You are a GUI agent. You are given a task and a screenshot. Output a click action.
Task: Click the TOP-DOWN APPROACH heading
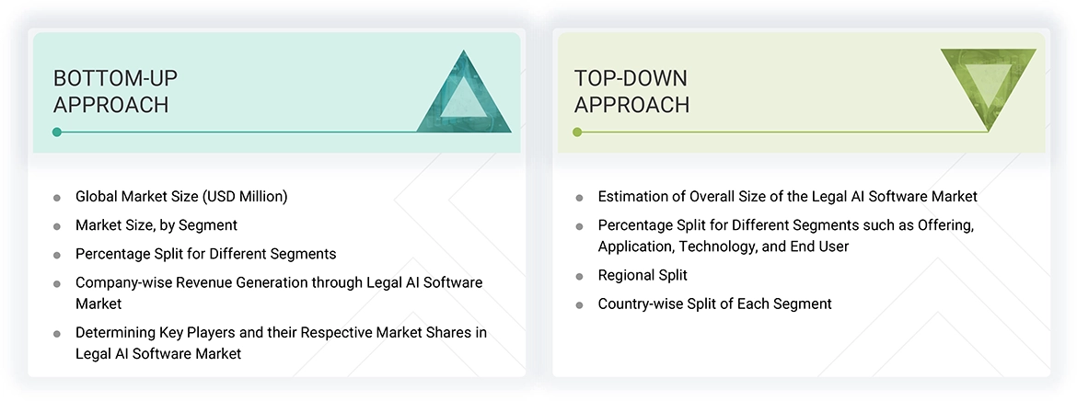pyautogui.click(x=631, y=92)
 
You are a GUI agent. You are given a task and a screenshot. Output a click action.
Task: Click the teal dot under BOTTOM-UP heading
pyautogui.click(x=57, y=132)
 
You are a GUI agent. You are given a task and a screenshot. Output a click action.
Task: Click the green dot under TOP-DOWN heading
pyautogui.click(x=577, y=132)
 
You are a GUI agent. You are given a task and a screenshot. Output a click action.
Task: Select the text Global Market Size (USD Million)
pyautogui.click(x=181, y=197)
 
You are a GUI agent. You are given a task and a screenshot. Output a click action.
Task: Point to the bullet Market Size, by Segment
pyautogui.click(x=156, y=225)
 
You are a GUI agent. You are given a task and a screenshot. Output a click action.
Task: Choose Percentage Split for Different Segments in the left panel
pyautogui.click(x=205, y=254)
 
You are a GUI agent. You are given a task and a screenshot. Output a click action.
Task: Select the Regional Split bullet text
pyautogui.click(x=643, y=275)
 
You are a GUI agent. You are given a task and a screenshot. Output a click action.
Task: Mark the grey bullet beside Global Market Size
pyautogui.click(x=57, y=198)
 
